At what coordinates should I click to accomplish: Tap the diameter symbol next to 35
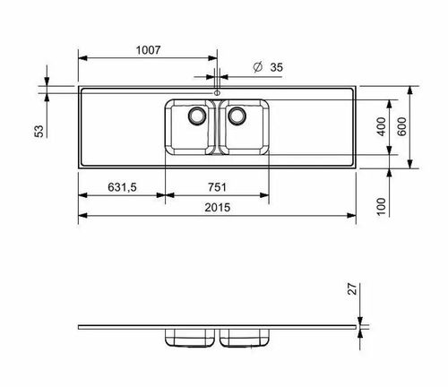point(257,67)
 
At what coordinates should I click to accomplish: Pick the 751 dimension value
point(217,187)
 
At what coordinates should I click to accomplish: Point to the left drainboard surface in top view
point(121,127)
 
